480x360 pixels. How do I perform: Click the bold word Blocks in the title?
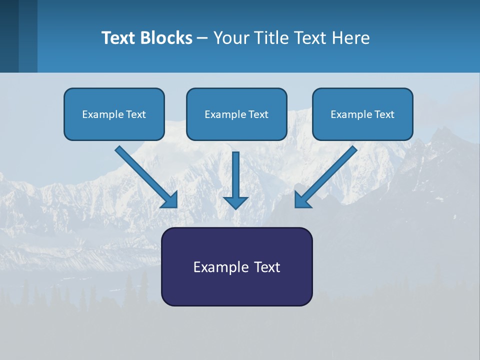point(167,38)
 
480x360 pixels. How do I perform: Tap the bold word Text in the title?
point(120,38)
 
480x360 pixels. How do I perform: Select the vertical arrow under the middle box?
point(235,175)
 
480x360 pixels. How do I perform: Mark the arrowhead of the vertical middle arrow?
point(235,202)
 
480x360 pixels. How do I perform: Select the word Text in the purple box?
point(267,267)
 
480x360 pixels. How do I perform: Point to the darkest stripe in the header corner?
point(9,36)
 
